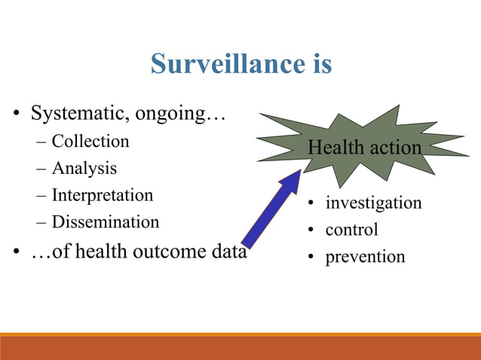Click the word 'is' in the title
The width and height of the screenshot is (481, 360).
[319, 64]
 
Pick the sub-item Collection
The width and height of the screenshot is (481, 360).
[90, 142]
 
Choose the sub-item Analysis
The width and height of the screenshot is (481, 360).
[84, 168]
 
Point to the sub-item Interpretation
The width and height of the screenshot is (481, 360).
[102, 195]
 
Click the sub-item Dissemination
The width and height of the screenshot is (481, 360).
[105, 222]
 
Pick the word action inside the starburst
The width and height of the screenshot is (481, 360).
[393, 148]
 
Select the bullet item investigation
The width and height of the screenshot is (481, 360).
[373, 203]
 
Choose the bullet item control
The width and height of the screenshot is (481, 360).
[351, 230]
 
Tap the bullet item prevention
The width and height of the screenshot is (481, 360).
[365, 257]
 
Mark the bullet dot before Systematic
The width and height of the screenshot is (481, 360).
[15, 116]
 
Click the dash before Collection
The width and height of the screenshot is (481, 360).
[40, 142]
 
